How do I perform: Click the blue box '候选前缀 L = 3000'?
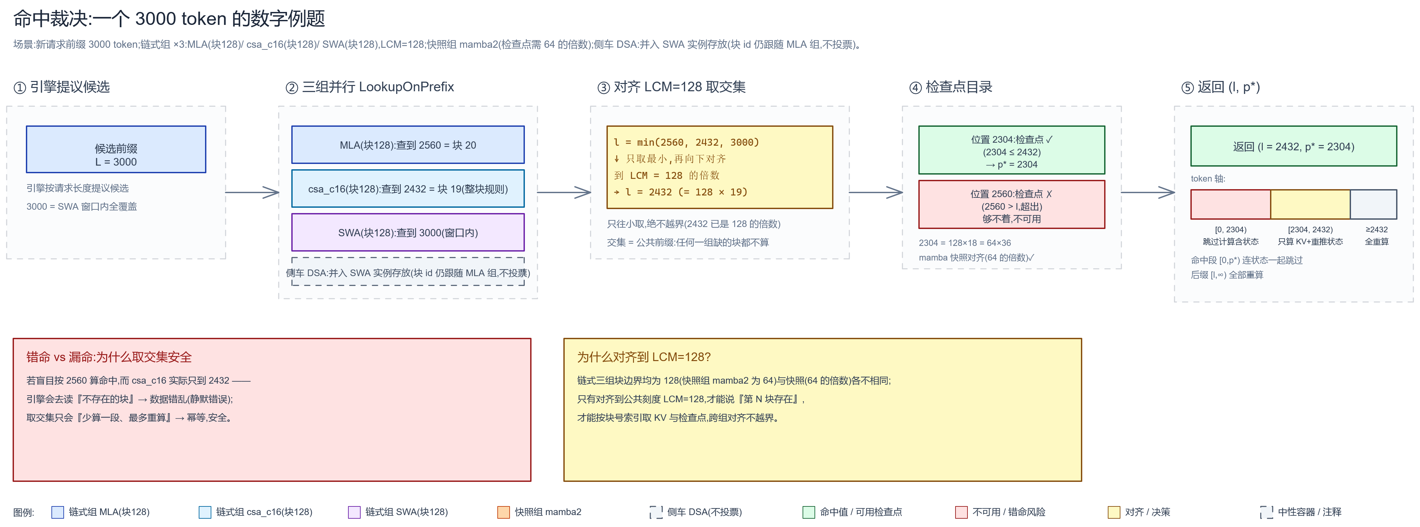point(116,149)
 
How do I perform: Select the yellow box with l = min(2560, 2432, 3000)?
point(719,167)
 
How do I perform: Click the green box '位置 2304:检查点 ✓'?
point(1012,150)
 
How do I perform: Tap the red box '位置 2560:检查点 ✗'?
point(1012,204)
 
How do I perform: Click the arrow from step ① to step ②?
point(252,192)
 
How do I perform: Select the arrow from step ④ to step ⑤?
point(1148,192)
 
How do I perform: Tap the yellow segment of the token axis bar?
point(1310,204)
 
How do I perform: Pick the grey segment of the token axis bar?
point(1374,204)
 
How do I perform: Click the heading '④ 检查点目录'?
point(951,87)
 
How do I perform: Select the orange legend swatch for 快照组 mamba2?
point(503,512)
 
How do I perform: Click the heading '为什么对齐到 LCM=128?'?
point(644,357)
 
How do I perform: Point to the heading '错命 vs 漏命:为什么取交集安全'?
point(109,357)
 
